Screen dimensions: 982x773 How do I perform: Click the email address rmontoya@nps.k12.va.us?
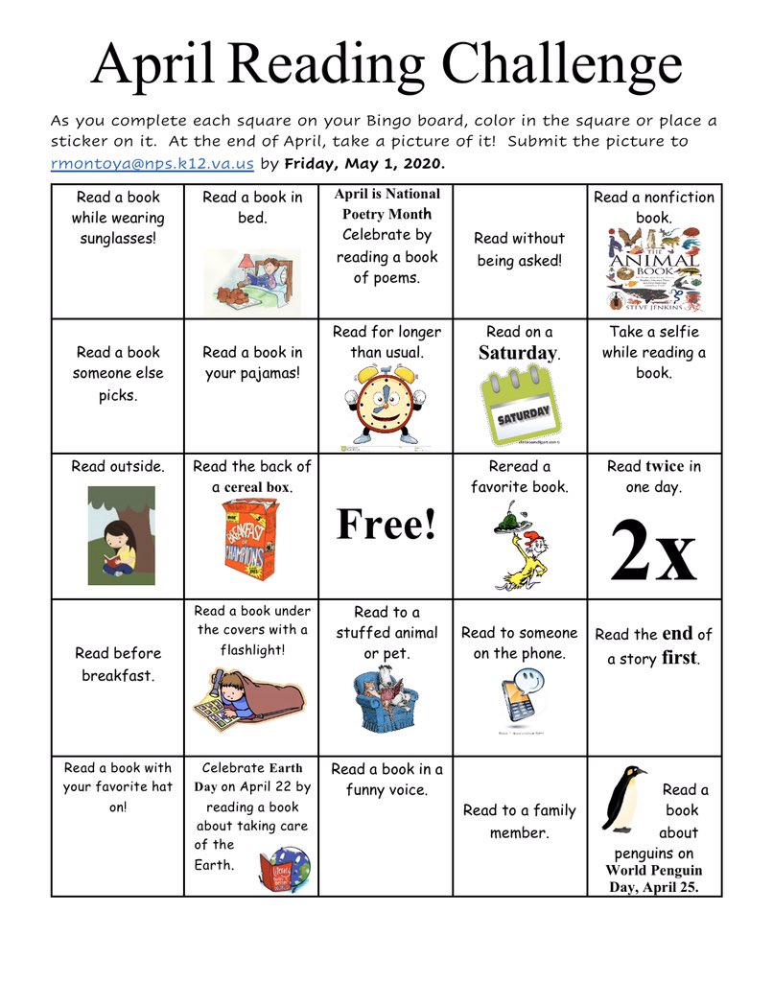(x=152, y=164)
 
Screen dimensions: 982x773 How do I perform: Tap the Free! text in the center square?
(x=386, y=525)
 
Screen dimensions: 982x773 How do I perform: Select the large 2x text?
(x=653, y=550)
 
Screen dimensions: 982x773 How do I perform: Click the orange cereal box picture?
(x=249, y=542)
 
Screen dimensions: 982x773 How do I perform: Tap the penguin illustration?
(x=623, y=799)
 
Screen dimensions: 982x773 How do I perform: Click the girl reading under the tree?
(x=121, y=534)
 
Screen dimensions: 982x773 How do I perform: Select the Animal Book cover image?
(x=654, y=269)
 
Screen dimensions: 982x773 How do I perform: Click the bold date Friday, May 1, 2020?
(x=364, y=164)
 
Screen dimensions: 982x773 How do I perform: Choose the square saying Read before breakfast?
(x=118, y=665)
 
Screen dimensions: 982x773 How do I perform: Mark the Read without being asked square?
(x=519, y=249)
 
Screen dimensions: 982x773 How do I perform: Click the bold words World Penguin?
(x=653, y=871)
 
